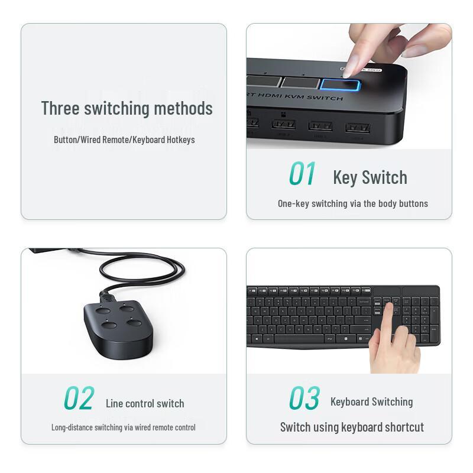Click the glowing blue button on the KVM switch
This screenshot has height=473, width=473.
point(341,85)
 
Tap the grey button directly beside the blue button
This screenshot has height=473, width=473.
point(300,83)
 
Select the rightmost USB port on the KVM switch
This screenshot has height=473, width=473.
point(358,127)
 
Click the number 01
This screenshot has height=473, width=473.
point(302,174)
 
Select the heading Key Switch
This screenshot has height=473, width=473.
point(370,177)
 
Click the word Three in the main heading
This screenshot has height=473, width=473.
point(60,108)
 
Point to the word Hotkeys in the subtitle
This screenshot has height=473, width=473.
point(179,140)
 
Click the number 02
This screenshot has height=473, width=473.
point(79,399)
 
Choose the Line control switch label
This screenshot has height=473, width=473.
point(145,404)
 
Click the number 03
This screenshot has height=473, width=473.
point(304,399)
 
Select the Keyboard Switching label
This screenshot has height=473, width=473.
point(371,402)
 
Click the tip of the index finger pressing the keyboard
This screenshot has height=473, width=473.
point(388,308)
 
